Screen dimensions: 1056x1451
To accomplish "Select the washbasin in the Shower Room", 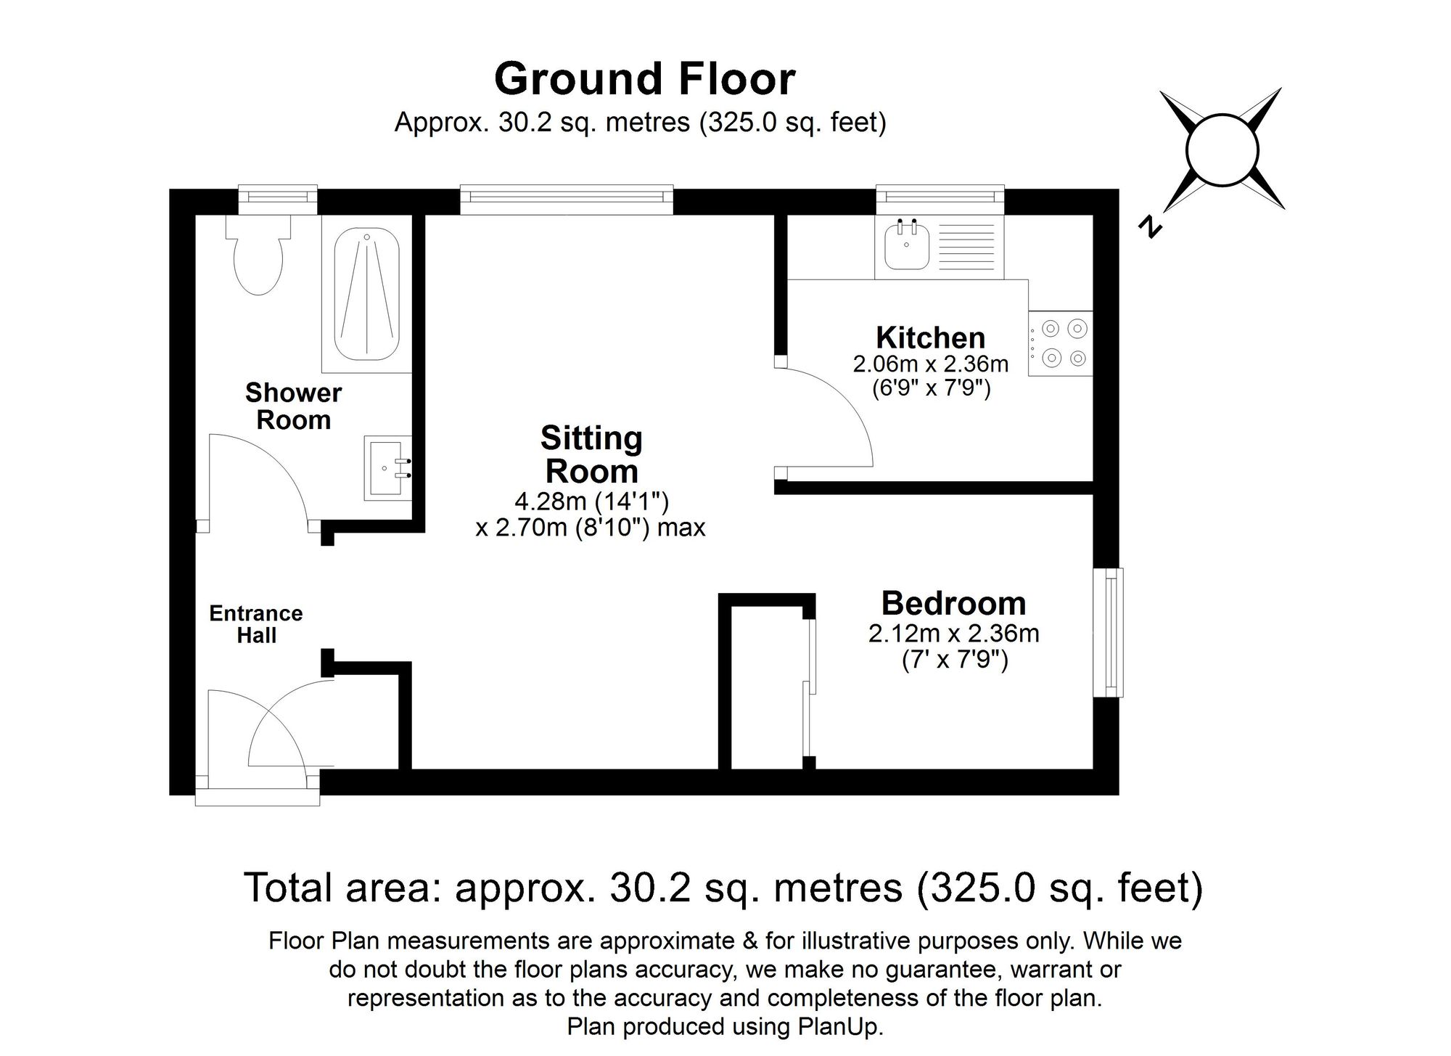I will pos(387,467).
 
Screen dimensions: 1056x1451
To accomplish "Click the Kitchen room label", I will pos(930,338).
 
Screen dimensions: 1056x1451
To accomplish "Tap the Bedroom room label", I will pos(953,604).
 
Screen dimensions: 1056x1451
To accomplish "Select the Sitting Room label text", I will pos(591,454).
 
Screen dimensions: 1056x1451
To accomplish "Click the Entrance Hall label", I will pos(256,624).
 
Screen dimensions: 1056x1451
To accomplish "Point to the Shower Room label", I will pos(293,406).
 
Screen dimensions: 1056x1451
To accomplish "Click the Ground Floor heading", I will pos(644,78).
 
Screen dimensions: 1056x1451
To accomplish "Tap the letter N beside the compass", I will pos(1149,227).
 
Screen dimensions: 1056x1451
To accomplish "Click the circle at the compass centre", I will pos(1221,150).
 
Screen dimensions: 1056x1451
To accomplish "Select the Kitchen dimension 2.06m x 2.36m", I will pos(930,364).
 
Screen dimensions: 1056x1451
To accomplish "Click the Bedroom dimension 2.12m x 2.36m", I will pos(953,634).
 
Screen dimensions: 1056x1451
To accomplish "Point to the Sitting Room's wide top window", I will pos(567,200).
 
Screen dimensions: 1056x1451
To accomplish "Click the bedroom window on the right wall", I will pos(1109,632).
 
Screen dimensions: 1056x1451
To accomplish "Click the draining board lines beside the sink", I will pos(966,246).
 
